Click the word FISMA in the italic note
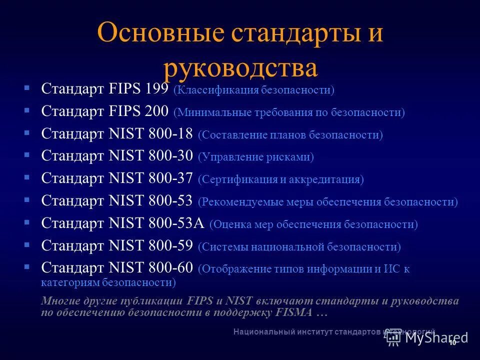(x=295, y=313)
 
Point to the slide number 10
(x=452, y=343)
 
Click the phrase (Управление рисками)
(x=256, y=157)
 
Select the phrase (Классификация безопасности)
(x=253, y=90)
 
